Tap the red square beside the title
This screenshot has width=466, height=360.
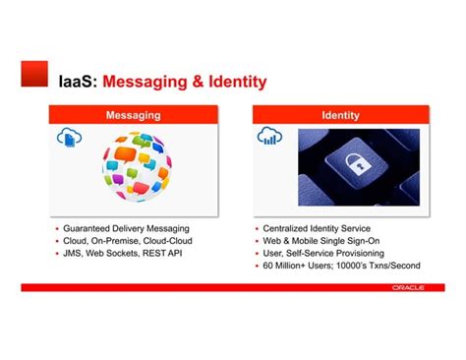click(36, 73)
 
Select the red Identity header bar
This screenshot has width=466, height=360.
click(340, 116)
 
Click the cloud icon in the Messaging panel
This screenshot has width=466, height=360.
click(71, 140)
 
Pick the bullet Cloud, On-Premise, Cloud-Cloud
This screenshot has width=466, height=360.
click(128, 240)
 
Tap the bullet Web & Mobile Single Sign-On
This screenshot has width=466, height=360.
click(320, 240)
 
